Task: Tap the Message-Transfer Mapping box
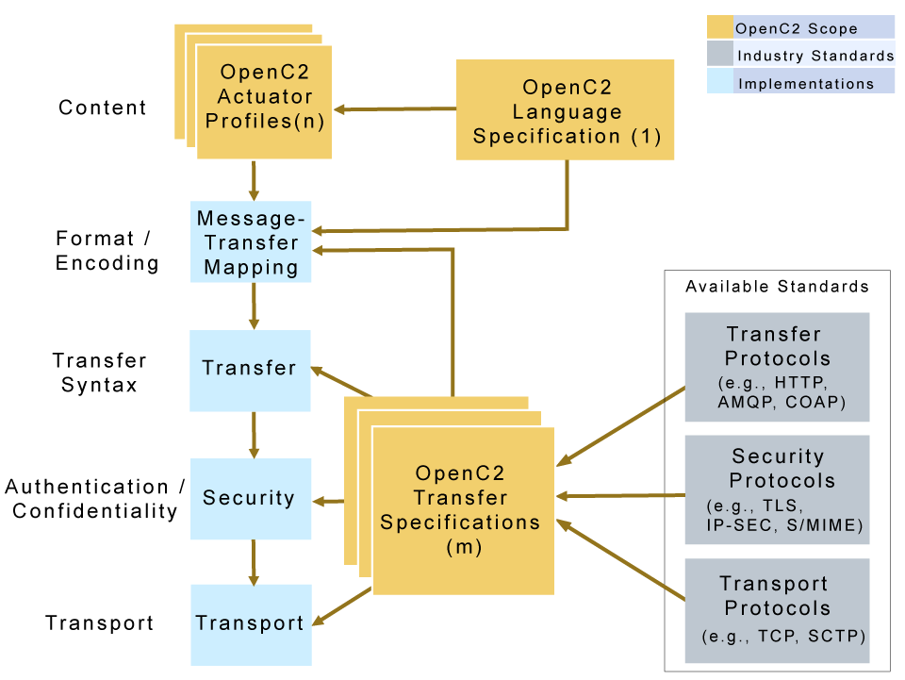pyautogui.click(x=251, y=242)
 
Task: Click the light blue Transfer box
pyautogui.click(x=250, y=370)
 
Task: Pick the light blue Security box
pyautogui.click(x=250, y=499)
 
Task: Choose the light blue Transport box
pyautogui.click(x=250, y=623)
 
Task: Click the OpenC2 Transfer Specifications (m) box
pyautogui.click(x=463, y=510)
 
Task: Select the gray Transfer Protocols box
pyautogui.click(x=776, y=367)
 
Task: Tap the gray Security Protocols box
pyautogui.click(x=776, y=489)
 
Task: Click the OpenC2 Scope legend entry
pyautogui.click(x=799, y=27)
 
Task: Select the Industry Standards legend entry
pyautogui.click(x=799, y=55)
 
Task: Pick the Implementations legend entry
pyautogui.click(x=799, y=83)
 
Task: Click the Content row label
pyautogui.click(x=103, y=108)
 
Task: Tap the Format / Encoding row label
pyautogui.click(x=107, y=251)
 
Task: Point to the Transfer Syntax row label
pyautogui.click(x=100, y=373)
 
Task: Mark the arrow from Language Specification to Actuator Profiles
pyautogui.click(x=396, y=109)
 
